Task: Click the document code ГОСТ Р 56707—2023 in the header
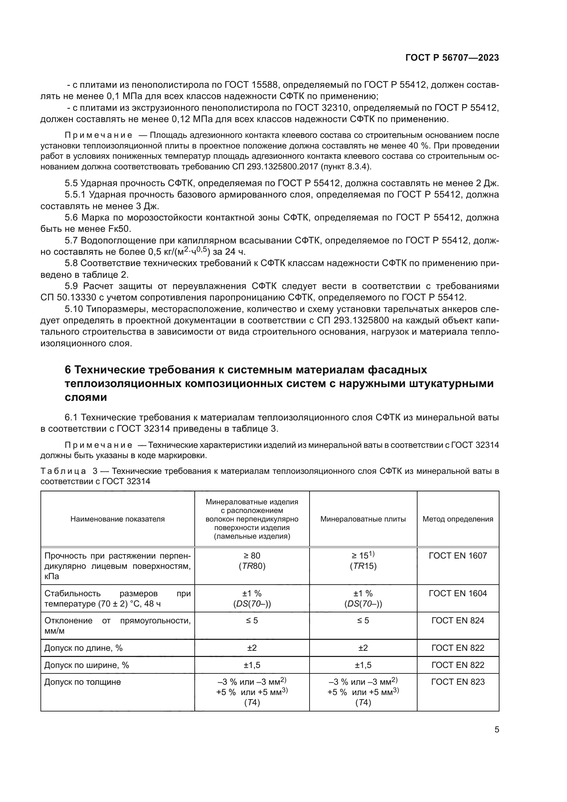coord(452,58)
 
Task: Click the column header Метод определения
coord(458,519)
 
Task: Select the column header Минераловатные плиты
coord(363,519)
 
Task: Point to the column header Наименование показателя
coord(117,519)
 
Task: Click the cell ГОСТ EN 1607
coord(458,556)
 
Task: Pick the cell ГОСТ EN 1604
coord(458,594)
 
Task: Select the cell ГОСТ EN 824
coord(458,621)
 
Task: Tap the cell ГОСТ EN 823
coord(458,682)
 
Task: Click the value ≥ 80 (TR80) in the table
coord(252,561)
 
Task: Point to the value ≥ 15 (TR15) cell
coord(363,561)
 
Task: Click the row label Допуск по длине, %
coord(83,648)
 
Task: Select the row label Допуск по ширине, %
coord(86,665)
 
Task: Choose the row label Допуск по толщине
coord(82,682)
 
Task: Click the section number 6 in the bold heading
coord(68,370)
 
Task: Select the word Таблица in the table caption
coord(63,471)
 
